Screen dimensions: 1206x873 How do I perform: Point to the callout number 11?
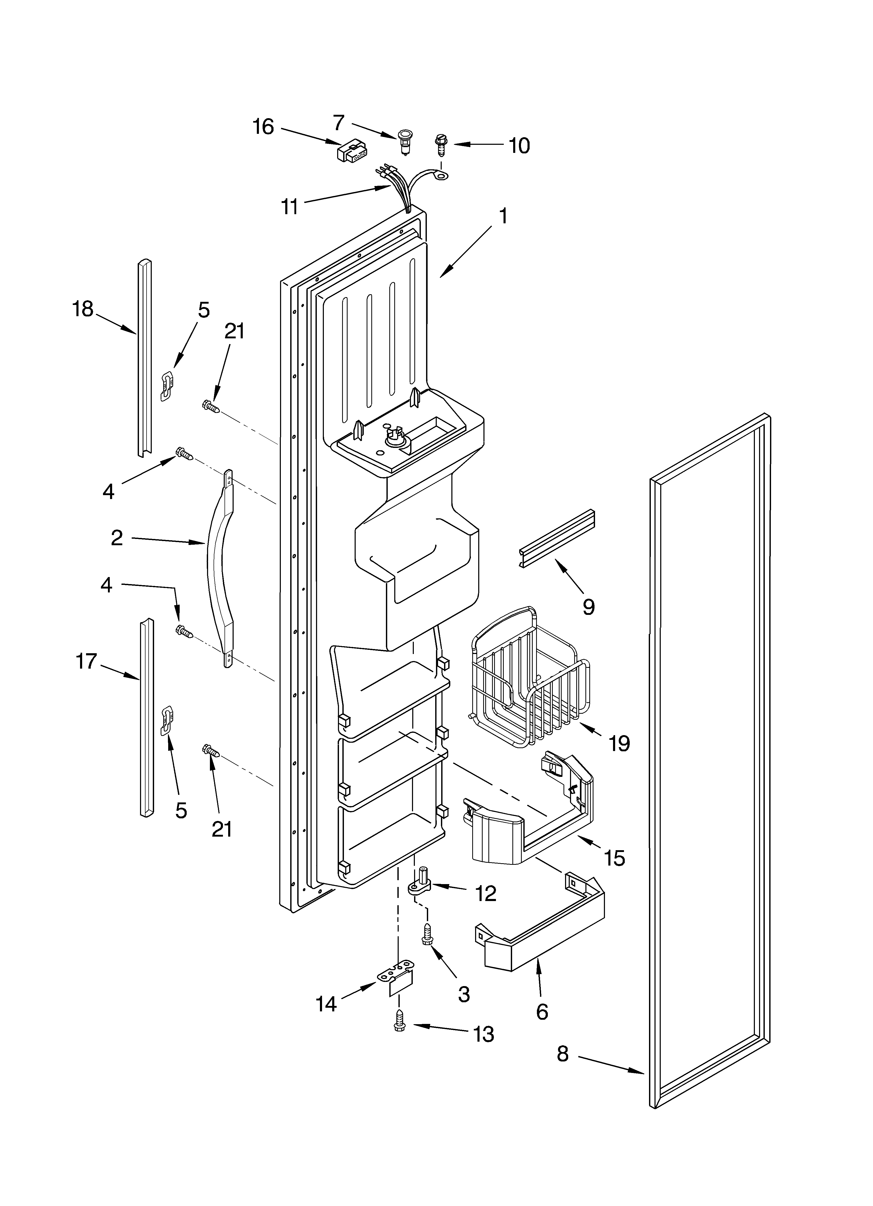pos(290,206)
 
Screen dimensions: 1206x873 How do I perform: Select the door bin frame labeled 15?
pos(532,818)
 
